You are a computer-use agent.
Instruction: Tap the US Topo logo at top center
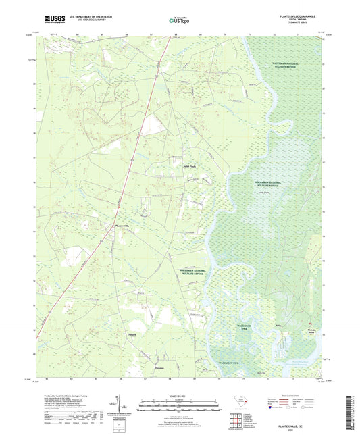pos(180,20)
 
